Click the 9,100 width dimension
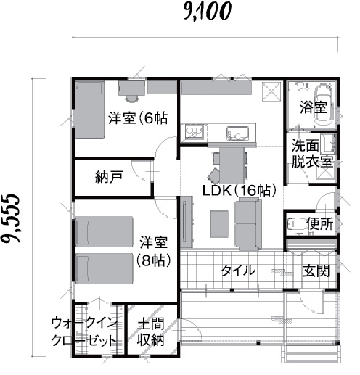click(x=208, y=12)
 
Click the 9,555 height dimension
click(x=10, y=218)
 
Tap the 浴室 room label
click(x=314, y=107)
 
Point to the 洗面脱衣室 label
click(x=312, y=153)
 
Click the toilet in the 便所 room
click(x=294, y=224)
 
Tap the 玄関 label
click(x=316, y=271)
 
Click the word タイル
click(x=238, y=271)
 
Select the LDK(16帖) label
click(x=239, y=190)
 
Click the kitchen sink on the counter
click(x=237, y=133)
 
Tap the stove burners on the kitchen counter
click(x=195, y=132)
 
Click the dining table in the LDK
click(x=232, y=165)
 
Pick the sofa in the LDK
click(x=248, y=224)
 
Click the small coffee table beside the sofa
click(x=219, y=224)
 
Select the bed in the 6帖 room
click(x=89, y=110)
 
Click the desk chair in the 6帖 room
click(x=132, y=99)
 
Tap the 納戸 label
click(x=109, y=177)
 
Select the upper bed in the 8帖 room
click(x=105, y=231)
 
